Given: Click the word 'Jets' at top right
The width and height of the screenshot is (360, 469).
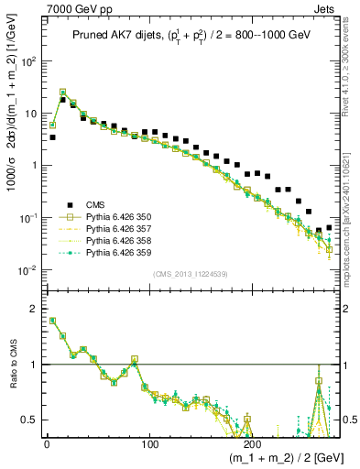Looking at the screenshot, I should coord(325,8).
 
